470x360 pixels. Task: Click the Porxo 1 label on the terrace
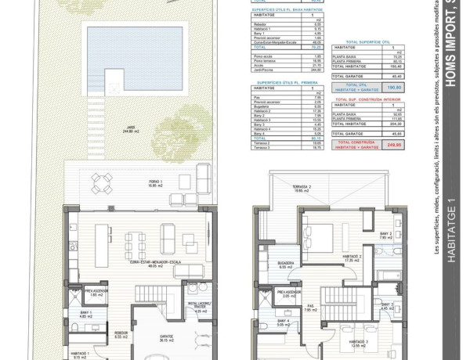click(156, 185)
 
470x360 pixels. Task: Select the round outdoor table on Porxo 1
click(102, 182)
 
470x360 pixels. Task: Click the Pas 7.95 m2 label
click(310, 307)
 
